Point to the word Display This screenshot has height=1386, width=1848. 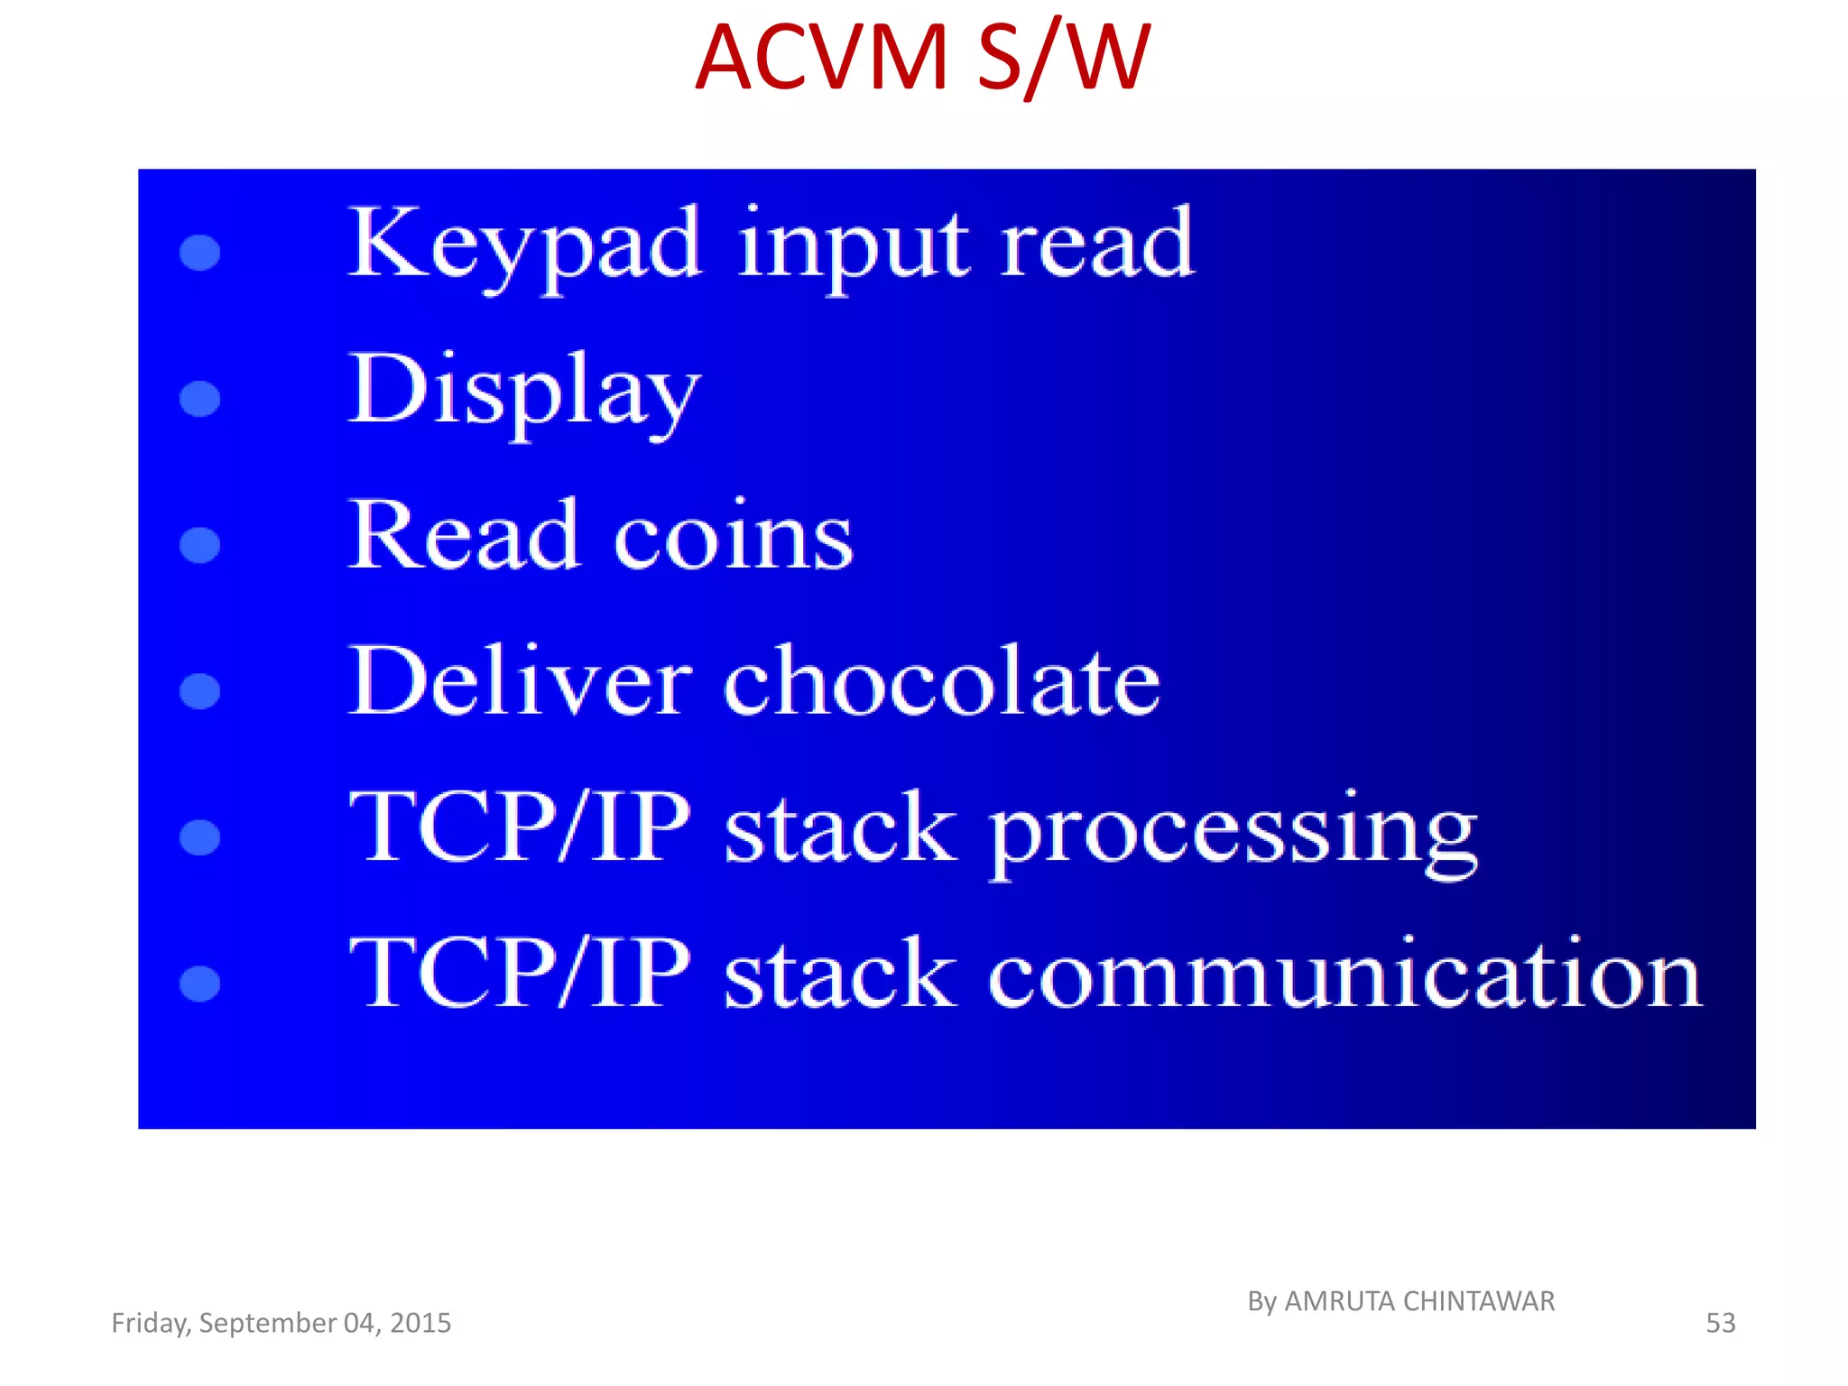(x=524, y=392)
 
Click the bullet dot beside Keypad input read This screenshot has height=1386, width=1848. (x=200, y=253)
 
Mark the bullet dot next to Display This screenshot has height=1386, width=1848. (x=200, y=399)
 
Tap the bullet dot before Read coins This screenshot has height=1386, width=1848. (x=200, y=545)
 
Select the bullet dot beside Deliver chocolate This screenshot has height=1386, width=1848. (x=200, y=691)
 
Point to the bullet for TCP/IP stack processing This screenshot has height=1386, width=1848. (x=200, y=837)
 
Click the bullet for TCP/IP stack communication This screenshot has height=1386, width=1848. (x=200, y=984)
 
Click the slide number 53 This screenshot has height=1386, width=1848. (x=1720, y=1323)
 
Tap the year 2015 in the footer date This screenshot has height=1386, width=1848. (x=420, y=1323)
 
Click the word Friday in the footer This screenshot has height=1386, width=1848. (x=150, y=1323)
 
